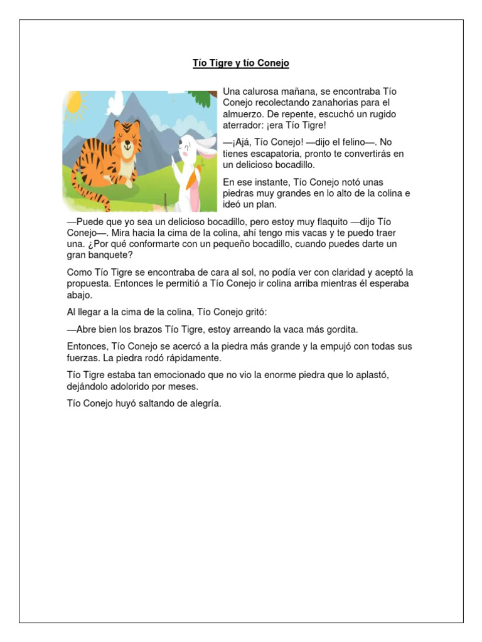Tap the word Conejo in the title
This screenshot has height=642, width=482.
click(x=274, y=63)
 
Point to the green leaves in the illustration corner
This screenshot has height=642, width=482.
click(x=200, y=98)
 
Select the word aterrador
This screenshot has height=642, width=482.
click(x=244, y=125)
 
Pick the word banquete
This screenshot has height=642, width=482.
click(x=109, y=255)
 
